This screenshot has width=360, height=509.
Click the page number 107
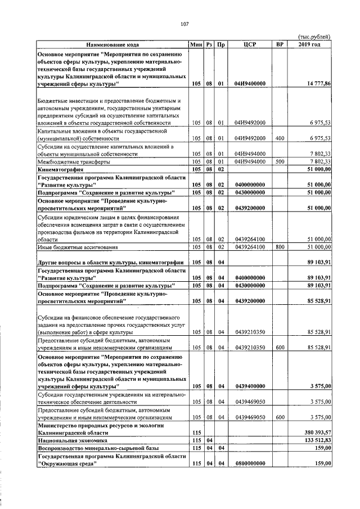(x=183, y=24)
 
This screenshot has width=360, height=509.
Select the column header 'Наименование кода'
(x=112, y=44)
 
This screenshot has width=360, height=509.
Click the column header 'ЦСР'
(x=250, y=44)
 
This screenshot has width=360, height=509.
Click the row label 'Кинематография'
(x=59, y=168)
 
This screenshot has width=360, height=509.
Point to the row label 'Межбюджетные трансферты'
(x=70, y=161)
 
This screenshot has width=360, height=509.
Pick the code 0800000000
(x=250, y=463)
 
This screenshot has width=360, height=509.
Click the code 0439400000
(x=250, y=386)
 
